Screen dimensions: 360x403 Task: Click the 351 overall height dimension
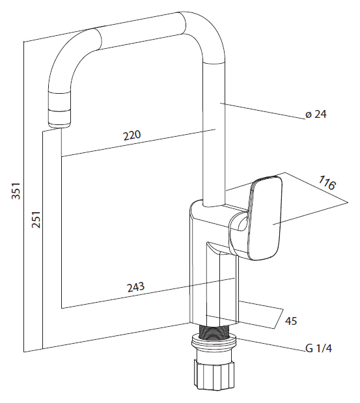(16, 191)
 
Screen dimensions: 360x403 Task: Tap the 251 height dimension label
(36, 219)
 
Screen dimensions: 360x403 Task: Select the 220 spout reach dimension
(132, 135)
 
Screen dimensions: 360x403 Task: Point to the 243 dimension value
(135, 287)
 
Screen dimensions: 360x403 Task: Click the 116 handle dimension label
(327, 182)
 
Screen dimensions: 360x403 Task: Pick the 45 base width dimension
(291, 321)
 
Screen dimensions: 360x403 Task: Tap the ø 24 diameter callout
(316, 114)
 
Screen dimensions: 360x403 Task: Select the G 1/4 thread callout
(318, 348)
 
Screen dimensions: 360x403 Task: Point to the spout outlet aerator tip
(59, 118)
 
